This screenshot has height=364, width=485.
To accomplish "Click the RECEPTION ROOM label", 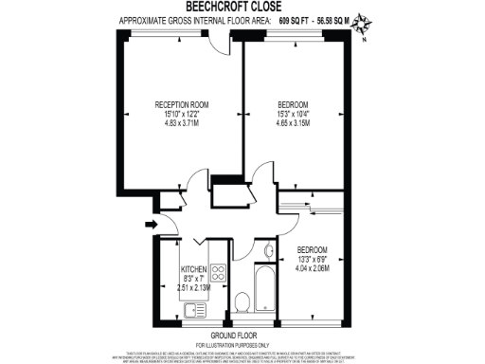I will coord(182,104).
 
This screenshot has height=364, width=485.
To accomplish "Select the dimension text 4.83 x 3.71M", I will coord(182,123).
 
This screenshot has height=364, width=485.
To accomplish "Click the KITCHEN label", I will coord(192,268).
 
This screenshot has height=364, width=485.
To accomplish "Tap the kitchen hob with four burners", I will coord(217,274).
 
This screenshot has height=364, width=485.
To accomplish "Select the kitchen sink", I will coord(197,308).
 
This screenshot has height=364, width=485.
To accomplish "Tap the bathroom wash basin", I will coord(268,251).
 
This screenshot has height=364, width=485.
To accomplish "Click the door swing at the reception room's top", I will coord(222,45).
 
